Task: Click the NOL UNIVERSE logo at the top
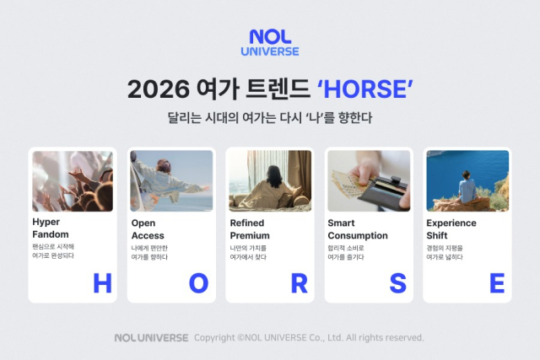pyautogui.click(x=273, y=42)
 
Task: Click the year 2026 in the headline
pyautogui.click(x=154, y=89)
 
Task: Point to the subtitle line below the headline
pyautogui.click(x=270, y=118)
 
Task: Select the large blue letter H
pyautogui.click(x=102, y=284)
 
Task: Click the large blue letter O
pyautogui.click(x=198, y=284)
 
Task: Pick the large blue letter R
pyautogui.click(x=299, y=284)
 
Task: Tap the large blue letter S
pyautogui.click(x=397, y=284)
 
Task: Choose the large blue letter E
pyautogui.click(x=496, y=284)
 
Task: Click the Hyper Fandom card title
pyautogui.click(x=51, y=229)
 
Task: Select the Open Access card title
pyautogui.click(x=148, y=229)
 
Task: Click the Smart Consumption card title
pyautogui.click(x=358, y=229)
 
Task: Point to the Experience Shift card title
pyautogui.click(x=451, y=229)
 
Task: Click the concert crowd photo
pyautogui.click(x=73, y=181)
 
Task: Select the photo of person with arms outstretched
pyautogui.click(x=171, y=181)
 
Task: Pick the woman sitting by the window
pyautogui.click(x=273, y=187)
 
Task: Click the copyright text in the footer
pyautogui.click(x=309, y=337)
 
